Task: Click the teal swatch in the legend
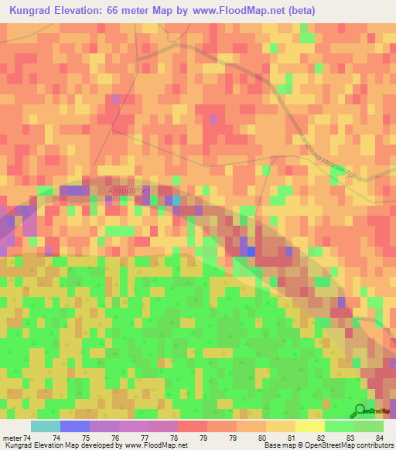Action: (x=46, y=426)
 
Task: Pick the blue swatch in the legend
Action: (x=75, y=426)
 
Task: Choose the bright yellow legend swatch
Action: (x=309, y=426)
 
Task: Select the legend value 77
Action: (x=145, y=438)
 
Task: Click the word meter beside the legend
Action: (x=13, y=438)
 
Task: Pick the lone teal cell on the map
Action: (x=176, y=201)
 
